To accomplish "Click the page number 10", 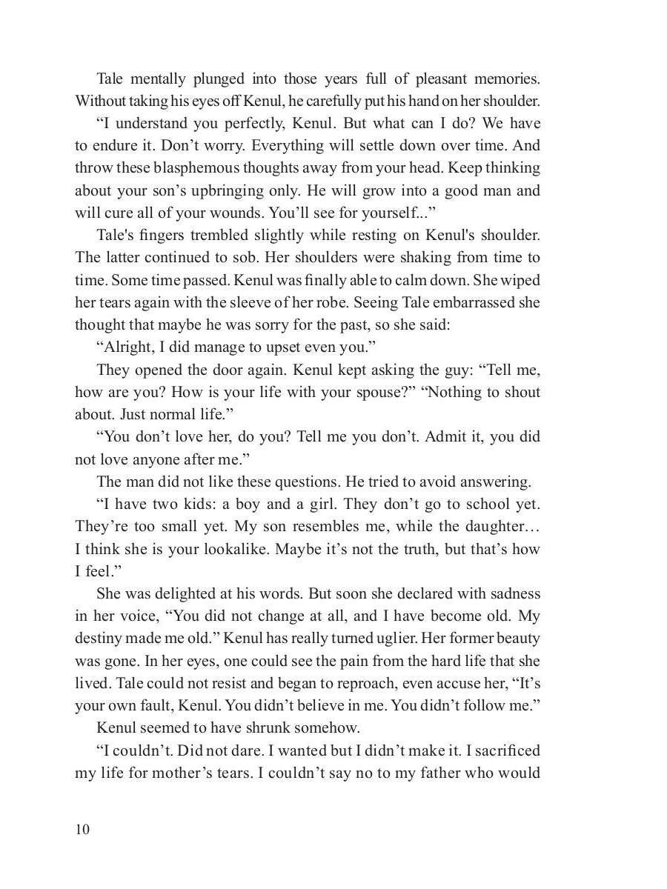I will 82,829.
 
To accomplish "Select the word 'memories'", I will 508,79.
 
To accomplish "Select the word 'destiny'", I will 100,639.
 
